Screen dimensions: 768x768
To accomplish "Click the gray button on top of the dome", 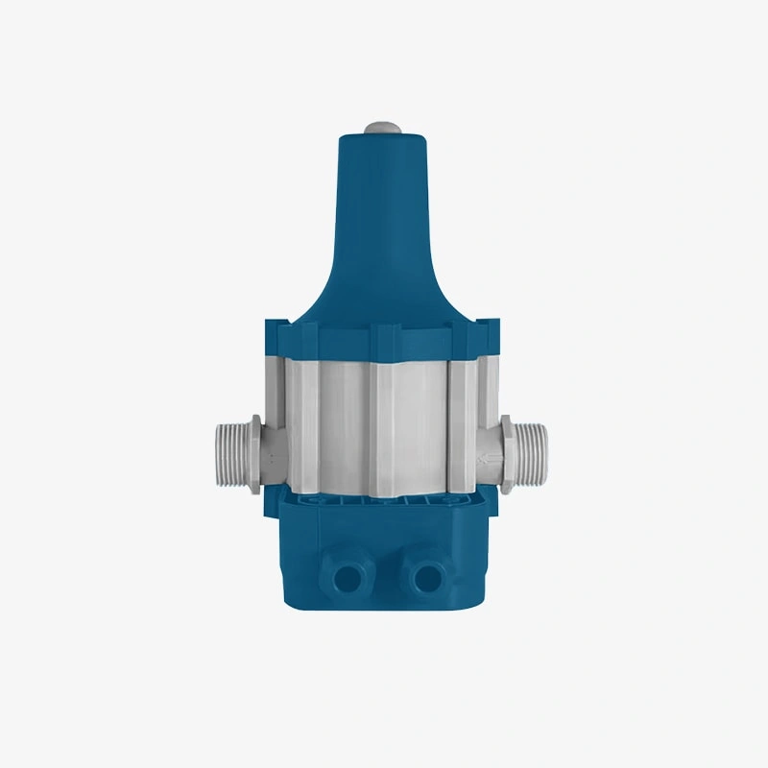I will [x=382, y=128].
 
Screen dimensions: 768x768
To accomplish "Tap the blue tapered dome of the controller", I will [x=382, y=221].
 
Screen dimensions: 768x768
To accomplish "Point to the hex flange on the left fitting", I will [x=253, y=451].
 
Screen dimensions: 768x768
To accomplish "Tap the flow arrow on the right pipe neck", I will [x=489, y=450].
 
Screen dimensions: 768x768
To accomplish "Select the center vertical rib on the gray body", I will [x=386, y=422].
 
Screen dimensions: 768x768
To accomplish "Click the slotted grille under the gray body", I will [x=384, y=500].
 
